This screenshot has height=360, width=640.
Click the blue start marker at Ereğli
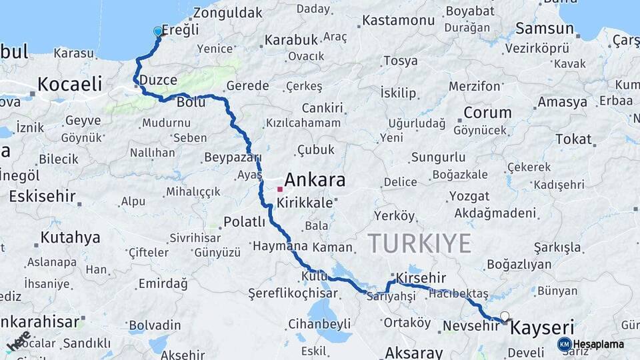pos(158,31)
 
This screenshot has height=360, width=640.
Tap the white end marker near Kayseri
pos(505,317)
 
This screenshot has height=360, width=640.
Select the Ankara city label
pos(315,180)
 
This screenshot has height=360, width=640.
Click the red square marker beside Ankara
pos(280,189)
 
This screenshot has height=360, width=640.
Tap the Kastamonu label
pos(398,20)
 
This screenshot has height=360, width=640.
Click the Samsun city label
pos(545,29)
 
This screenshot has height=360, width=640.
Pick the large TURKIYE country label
pos(419,243)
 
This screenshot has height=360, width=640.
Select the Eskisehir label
pos(41,197)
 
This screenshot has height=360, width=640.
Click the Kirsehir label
pos(421,278)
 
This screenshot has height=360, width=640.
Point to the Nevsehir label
pos(471,326)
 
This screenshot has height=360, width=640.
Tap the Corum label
pos(487,113)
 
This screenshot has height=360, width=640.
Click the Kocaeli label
pos(69,84)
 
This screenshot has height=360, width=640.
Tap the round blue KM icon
pos(564,344)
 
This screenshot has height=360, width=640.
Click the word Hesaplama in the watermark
pos(599,345)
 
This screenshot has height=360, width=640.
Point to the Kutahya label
pos(70,237)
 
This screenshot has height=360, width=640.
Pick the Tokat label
pos(573,139)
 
